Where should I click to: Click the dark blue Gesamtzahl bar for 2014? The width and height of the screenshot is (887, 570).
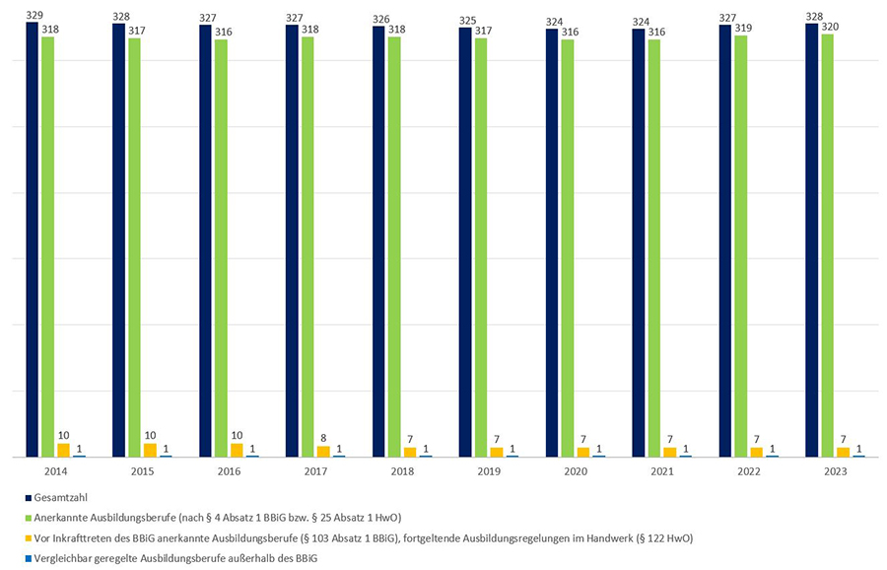point(32,237)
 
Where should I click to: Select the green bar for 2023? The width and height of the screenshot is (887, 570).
point(827,247)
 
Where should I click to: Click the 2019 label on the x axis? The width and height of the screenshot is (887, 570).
point(490,472)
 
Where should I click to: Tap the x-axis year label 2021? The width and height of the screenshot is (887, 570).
point(663,472)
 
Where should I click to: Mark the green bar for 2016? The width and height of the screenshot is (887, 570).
point(221,247)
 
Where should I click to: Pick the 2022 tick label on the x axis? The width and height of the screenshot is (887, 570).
point(750,472)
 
